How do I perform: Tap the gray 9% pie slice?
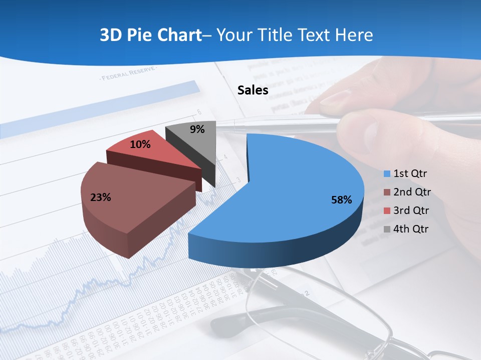point(193,137)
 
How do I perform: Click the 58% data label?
point(342,200)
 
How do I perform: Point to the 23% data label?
point(100,197)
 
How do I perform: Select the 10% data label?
point(140,144)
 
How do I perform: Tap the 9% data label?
point(197,129)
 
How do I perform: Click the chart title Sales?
point(253,90)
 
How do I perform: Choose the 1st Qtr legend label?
point(410,173)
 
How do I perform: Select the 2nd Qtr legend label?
point(412,192)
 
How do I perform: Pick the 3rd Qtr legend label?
point(411,210)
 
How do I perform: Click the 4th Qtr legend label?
point(411,229)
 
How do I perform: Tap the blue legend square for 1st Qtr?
point(387,174)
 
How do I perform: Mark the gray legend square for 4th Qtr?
point(387,229)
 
